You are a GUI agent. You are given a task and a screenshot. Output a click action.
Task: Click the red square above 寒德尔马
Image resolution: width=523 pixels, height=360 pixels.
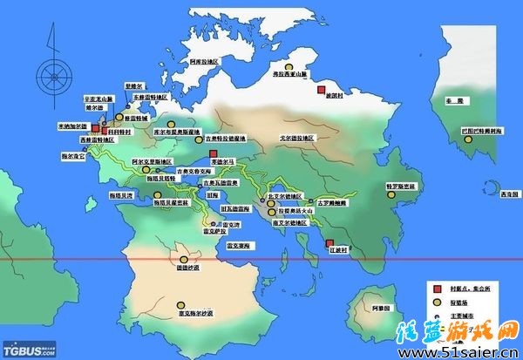(213, 153)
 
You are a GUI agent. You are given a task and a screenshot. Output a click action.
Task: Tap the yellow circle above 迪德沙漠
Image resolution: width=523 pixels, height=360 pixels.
(183, 258)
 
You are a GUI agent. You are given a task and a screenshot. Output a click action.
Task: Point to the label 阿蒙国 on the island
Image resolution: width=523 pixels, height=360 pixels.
(377, 309)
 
